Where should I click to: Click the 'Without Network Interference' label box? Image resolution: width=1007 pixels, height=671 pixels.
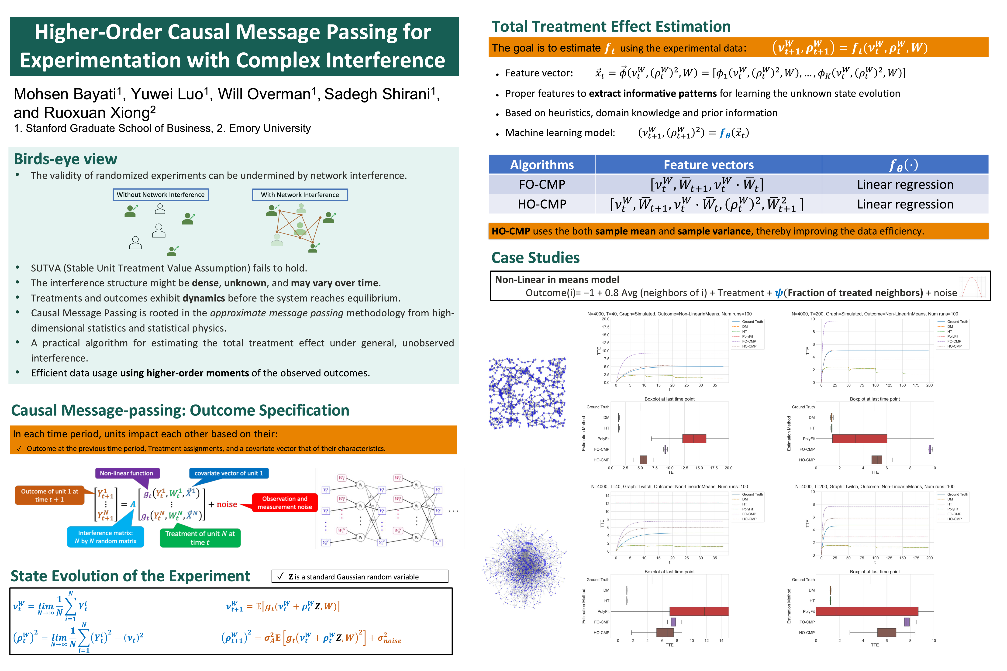pos(161,195)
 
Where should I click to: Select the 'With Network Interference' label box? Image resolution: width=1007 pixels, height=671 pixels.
pos(300,195)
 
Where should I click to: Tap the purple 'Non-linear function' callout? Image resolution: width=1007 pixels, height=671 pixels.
pos(127,473)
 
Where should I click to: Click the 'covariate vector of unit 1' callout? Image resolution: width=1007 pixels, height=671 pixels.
pos(229,473)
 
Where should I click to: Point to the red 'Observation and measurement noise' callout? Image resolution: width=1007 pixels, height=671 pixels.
pos(285,503)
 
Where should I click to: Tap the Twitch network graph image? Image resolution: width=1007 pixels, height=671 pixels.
pos(525,566)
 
